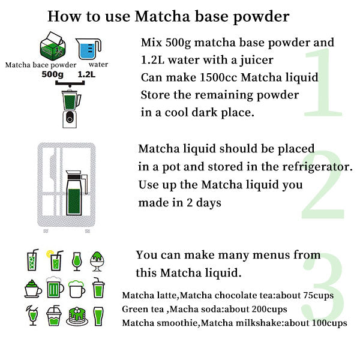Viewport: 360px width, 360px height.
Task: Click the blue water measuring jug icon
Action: [x=89, y=48]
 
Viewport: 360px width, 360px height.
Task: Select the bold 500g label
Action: [x=52, y=75]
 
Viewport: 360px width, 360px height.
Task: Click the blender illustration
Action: [x=71, y=106]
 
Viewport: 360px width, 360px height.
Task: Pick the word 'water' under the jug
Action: [x=98, y=64]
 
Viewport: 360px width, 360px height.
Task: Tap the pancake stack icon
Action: [x=76, y=315]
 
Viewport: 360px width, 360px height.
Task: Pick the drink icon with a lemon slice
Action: [x=55, y=261]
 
